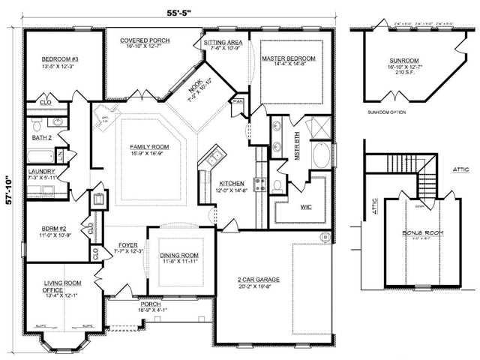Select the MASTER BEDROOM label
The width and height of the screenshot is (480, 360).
(x=288, y=58)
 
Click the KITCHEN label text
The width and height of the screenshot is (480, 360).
(x=230, y=183)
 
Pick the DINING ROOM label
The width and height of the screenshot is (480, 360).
(x=178, y=255)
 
